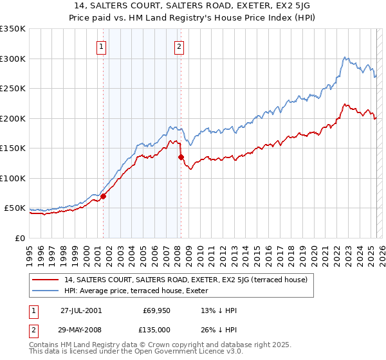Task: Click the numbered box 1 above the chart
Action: (x=102, y=46)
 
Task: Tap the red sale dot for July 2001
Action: (x=104, y=197)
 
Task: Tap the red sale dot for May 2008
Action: (x=181, y=157)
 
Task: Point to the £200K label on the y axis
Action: (x=14, y=118)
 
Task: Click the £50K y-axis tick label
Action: (x=16, y=208)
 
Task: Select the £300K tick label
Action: (x=14, y=59)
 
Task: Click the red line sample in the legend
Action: (x=46, y=280)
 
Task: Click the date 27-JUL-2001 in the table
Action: (x=81, y=310)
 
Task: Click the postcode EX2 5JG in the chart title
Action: (x=293, y=4)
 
